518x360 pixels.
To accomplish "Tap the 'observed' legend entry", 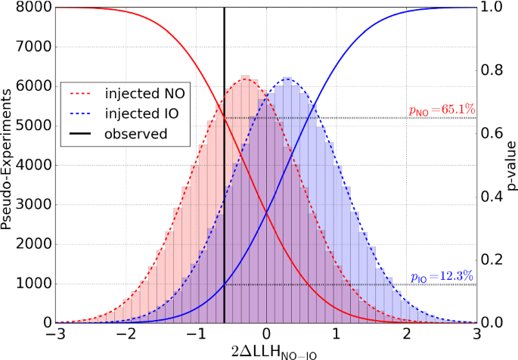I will point(125,134).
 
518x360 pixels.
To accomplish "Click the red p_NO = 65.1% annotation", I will point(442,111).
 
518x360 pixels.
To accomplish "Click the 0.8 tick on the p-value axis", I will point(492,71).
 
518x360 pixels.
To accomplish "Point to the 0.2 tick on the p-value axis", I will point(492,260).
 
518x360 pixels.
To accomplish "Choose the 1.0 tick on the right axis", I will point(492,8).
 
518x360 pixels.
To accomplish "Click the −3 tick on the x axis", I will point(54,334).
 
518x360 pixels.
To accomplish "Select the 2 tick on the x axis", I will point(406,334).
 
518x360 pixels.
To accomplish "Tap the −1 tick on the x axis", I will point(194,334).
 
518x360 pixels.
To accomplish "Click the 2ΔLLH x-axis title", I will point(266,350).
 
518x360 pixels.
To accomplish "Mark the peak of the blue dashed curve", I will point(287,78).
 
